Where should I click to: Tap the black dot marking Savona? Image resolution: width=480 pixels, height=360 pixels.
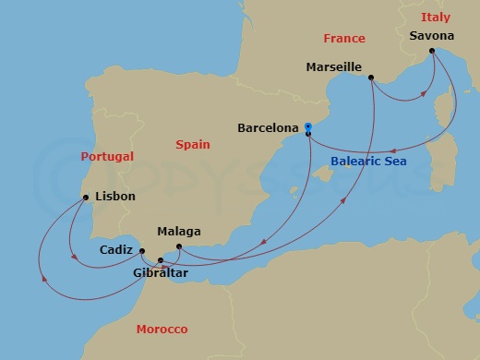[x=432, y=52]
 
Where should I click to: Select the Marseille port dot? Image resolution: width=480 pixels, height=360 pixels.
[x=370, y=78]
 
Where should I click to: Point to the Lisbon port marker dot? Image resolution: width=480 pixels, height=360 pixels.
[x=86, y=197]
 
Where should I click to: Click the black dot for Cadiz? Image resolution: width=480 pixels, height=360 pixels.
[x=141, y=249]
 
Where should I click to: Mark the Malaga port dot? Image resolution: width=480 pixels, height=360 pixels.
[x=178, y=246]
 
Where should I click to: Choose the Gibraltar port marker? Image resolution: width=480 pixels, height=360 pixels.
[x=161, y=259]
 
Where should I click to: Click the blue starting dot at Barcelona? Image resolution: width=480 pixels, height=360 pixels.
[x=308, y=127]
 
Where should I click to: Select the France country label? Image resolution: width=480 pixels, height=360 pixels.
[x=344, y=38]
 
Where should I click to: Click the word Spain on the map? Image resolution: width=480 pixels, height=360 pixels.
[x=193, y=144]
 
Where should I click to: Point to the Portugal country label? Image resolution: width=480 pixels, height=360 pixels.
[x=107, y=156]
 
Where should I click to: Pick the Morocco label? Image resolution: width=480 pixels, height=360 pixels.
[x=162, y=330]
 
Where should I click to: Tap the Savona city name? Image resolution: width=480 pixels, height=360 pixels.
[x=431, y=36]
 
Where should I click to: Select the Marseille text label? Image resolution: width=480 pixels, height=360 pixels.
[x=333, y=66]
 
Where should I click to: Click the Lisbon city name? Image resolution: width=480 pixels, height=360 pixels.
[x=115, y=197]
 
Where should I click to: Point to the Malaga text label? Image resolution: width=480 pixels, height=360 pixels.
[x=179, y=231]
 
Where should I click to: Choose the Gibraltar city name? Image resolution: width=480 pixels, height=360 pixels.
[x=161, y=274]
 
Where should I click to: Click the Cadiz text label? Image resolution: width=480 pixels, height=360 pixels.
[x=115, y=249]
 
